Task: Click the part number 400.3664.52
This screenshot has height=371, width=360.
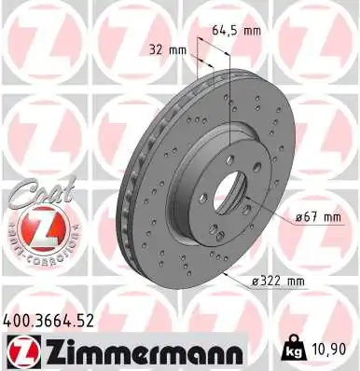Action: (53, 320)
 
